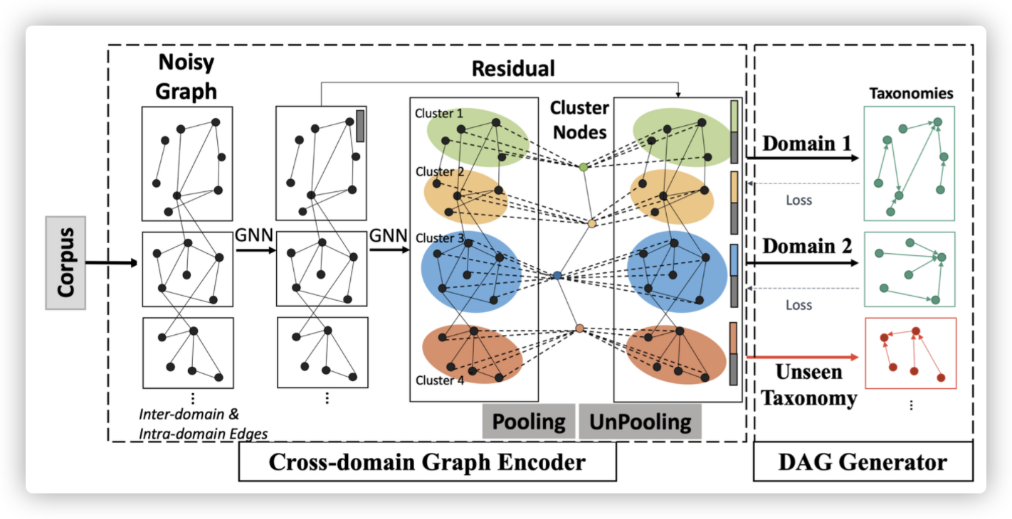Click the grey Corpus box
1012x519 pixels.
tap(65, 263)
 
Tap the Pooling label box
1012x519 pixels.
tap(529, 422)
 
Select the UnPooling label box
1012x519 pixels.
tap(641, 422)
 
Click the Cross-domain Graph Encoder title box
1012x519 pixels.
tap(426, 462)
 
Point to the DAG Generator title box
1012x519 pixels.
tap(863, 462)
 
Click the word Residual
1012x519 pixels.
tap(513, 69)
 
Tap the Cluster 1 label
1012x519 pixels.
tap(439, 113)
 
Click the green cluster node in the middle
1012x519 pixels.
tap(584, 167)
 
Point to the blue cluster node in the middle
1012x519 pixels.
tap(557, 275)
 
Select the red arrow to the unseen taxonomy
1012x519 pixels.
tap(801, 358)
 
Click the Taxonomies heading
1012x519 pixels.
tap(911, 94)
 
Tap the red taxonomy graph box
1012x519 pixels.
tap(910, 353)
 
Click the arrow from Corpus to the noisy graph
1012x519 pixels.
tap(111, 263)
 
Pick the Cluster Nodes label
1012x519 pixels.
tap(579, 119)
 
